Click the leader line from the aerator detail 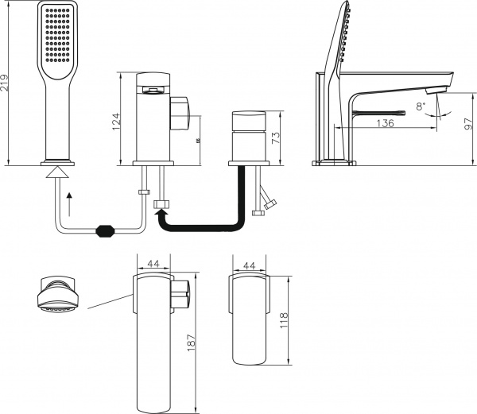(x=109, y=302)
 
